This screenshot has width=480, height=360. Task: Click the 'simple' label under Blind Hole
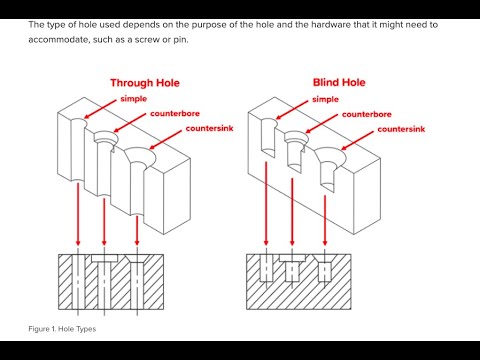[x=325, y=100]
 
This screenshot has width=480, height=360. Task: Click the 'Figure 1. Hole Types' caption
[x=61, y=329]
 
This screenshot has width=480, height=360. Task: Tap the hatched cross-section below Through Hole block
[x=105, y=282]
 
